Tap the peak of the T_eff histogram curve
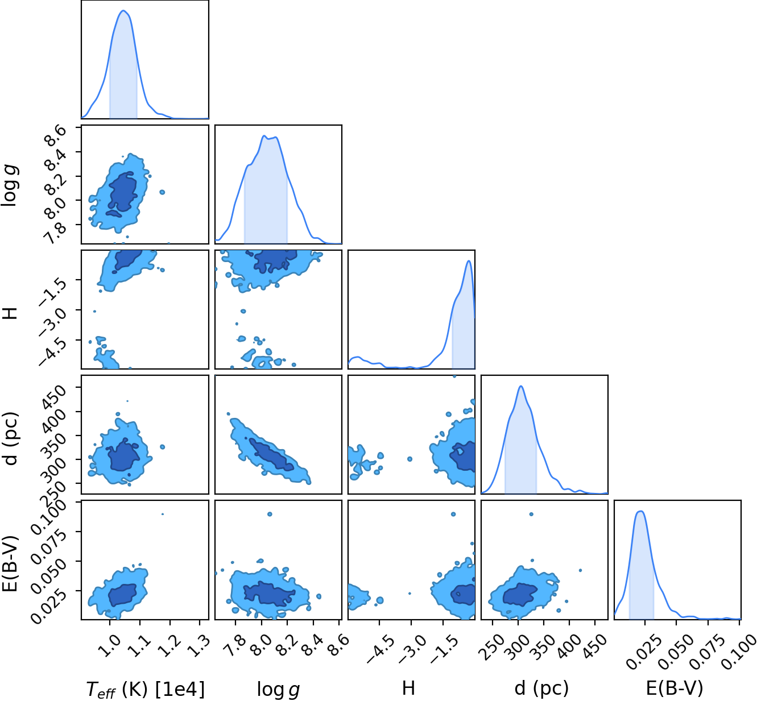(123, 10)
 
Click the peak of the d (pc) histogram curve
(521, 386)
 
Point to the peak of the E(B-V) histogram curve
(641, 511)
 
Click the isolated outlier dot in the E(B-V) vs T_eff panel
(162, 514)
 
